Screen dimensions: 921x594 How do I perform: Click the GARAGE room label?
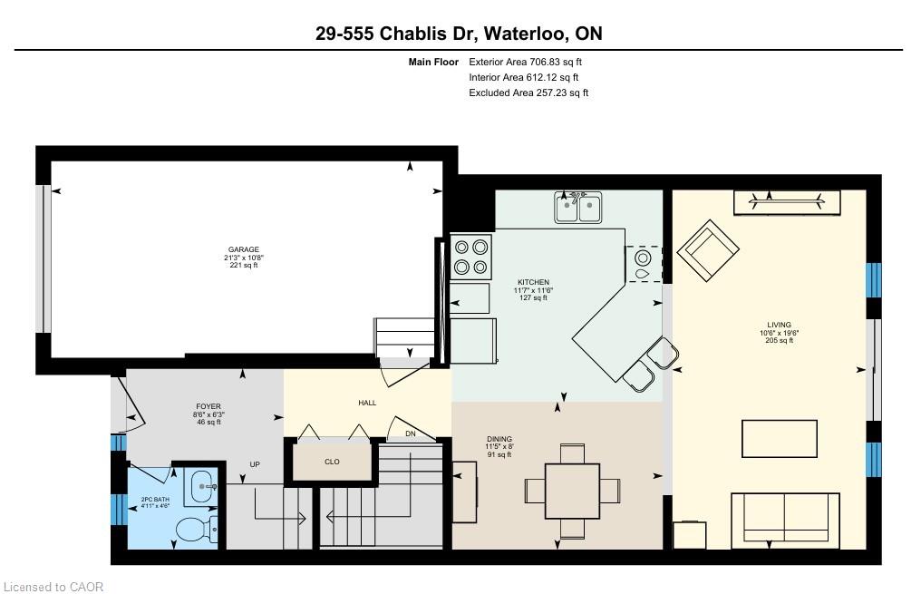244,249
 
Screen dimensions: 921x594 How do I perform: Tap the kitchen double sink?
578,208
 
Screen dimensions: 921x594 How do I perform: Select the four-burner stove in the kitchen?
471,257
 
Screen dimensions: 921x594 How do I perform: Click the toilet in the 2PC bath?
196,530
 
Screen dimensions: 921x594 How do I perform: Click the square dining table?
573,491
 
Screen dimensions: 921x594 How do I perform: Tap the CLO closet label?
332,462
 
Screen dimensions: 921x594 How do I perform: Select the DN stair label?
411,433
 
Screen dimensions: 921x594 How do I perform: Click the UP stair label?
255,464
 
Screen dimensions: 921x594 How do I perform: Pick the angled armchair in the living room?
708,251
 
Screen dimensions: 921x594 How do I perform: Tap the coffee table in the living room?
780,438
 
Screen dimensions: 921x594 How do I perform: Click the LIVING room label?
779,325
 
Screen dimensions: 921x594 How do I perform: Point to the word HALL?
367,403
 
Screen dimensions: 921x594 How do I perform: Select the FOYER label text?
208,406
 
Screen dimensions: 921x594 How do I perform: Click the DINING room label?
499,439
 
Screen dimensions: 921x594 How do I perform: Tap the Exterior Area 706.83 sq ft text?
525,62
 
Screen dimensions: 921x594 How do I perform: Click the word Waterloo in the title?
527,34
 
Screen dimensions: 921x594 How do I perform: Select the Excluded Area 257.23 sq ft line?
528,93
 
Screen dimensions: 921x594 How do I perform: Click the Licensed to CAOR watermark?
53,587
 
